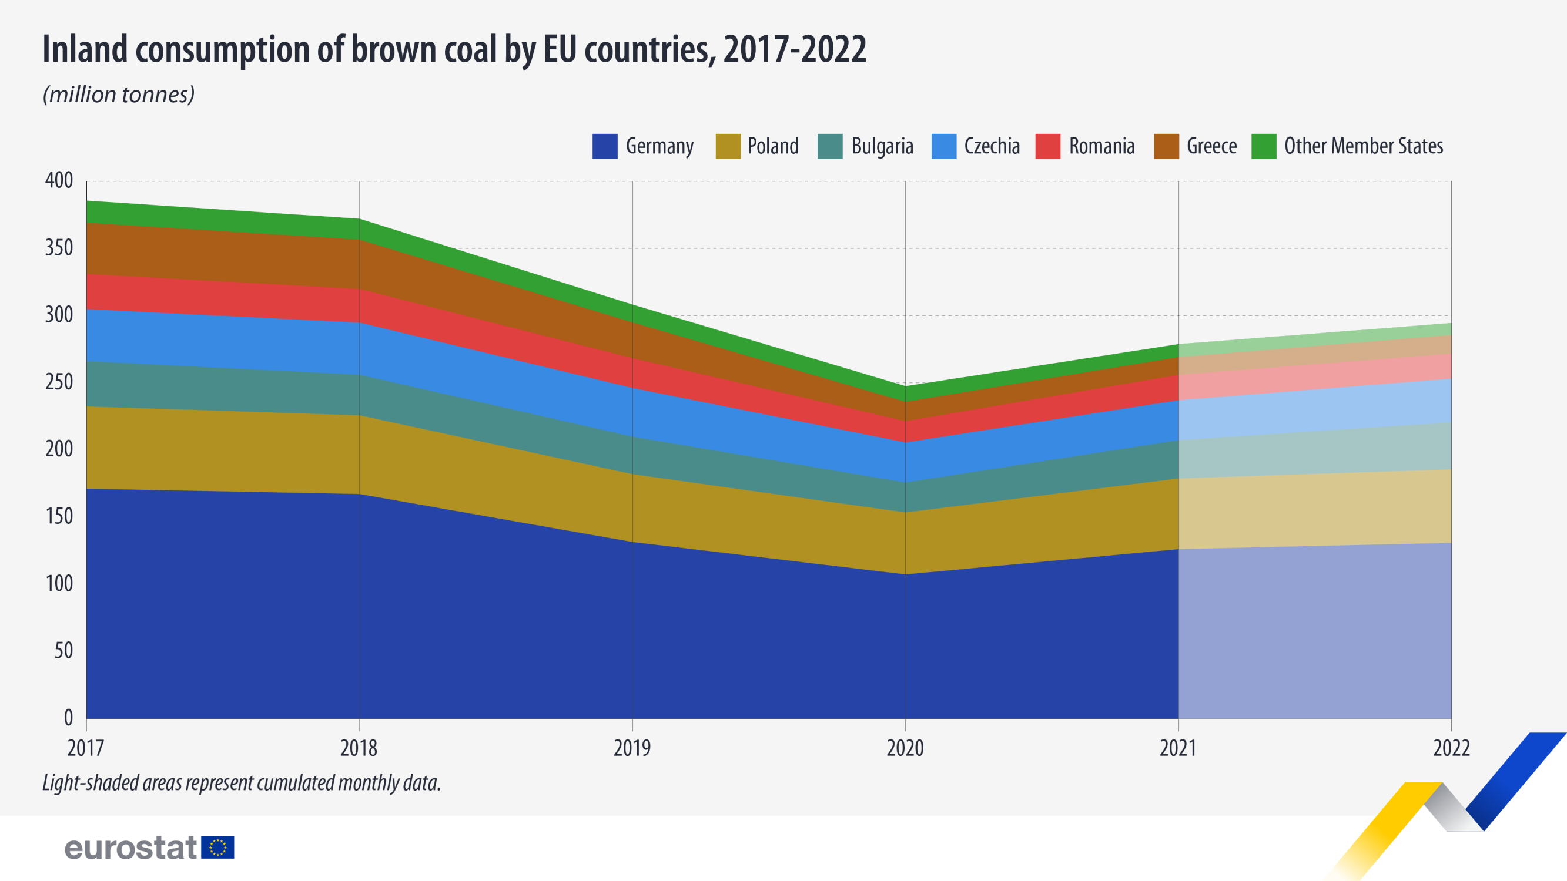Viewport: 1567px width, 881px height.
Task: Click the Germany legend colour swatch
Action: tap(605, 146)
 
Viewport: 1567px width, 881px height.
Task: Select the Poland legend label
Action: tap(772, 146)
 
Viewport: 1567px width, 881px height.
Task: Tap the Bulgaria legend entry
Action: tap(882, 146)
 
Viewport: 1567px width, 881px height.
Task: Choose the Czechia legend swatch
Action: tap(943, 146)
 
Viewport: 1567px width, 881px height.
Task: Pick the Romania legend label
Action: tap(1101, 146)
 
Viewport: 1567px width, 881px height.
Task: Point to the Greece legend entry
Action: tap(1211, 146)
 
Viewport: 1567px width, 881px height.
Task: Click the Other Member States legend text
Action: tap(1363, 146)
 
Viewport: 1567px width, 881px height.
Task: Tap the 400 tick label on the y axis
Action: tap(59, 180)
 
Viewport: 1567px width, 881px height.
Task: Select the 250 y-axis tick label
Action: tap(59, 382)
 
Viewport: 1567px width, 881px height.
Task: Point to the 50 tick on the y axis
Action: tap(63, 651)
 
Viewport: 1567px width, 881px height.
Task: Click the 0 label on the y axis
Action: tap(68, 718)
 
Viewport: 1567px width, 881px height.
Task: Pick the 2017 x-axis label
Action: tap(86, 748)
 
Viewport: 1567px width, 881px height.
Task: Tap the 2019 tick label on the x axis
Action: tap(632, 748)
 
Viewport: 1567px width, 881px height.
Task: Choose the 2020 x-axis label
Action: tap(905, 748)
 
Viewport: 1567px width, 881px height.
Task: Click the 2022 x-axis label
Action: tap(1451, 748)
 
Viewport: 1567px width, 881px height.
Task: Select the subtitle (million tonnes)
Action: tap(119, 95)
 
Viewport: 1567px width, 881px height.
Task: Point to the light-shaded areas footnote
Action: tap(242, 783)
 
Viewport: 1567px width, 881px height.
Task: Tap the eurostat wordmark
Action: tap(131, 848)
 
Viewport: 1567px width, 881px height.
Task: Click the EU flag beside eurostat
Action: tap(218, 848)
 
